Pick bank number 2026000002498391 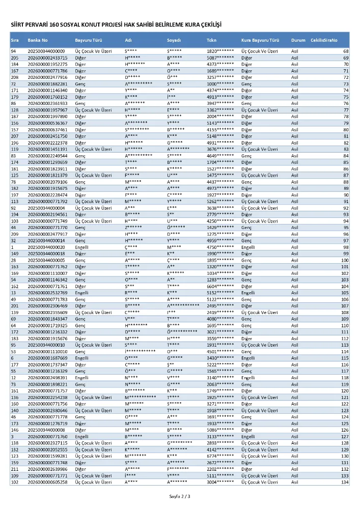(47, 378)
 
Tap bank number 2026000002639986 (47, 469)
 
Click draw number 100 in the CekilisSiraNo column (344, 260)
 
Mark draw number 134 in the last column (344, 482)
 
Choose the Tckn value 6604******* (220, 287)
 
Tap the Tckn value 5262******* (220, 202)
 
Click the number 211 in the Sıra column (14, 469)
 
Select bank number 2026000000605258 (47, 482)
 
